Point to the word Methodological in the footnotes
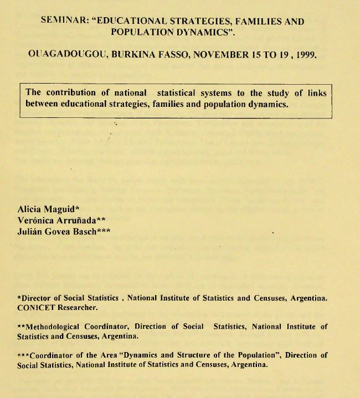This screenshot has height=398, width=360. click(54, 327)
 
